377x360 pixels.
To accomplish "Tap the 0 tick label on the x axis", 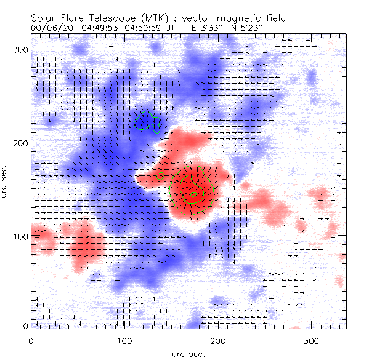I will (31, 340).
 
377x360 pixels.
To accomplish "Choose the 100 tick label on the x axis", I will (124, 340).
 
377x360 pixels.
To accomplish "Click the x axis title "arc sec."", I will (188, 353).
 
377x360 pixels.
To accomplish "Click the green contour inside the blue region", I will (147, 122).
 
